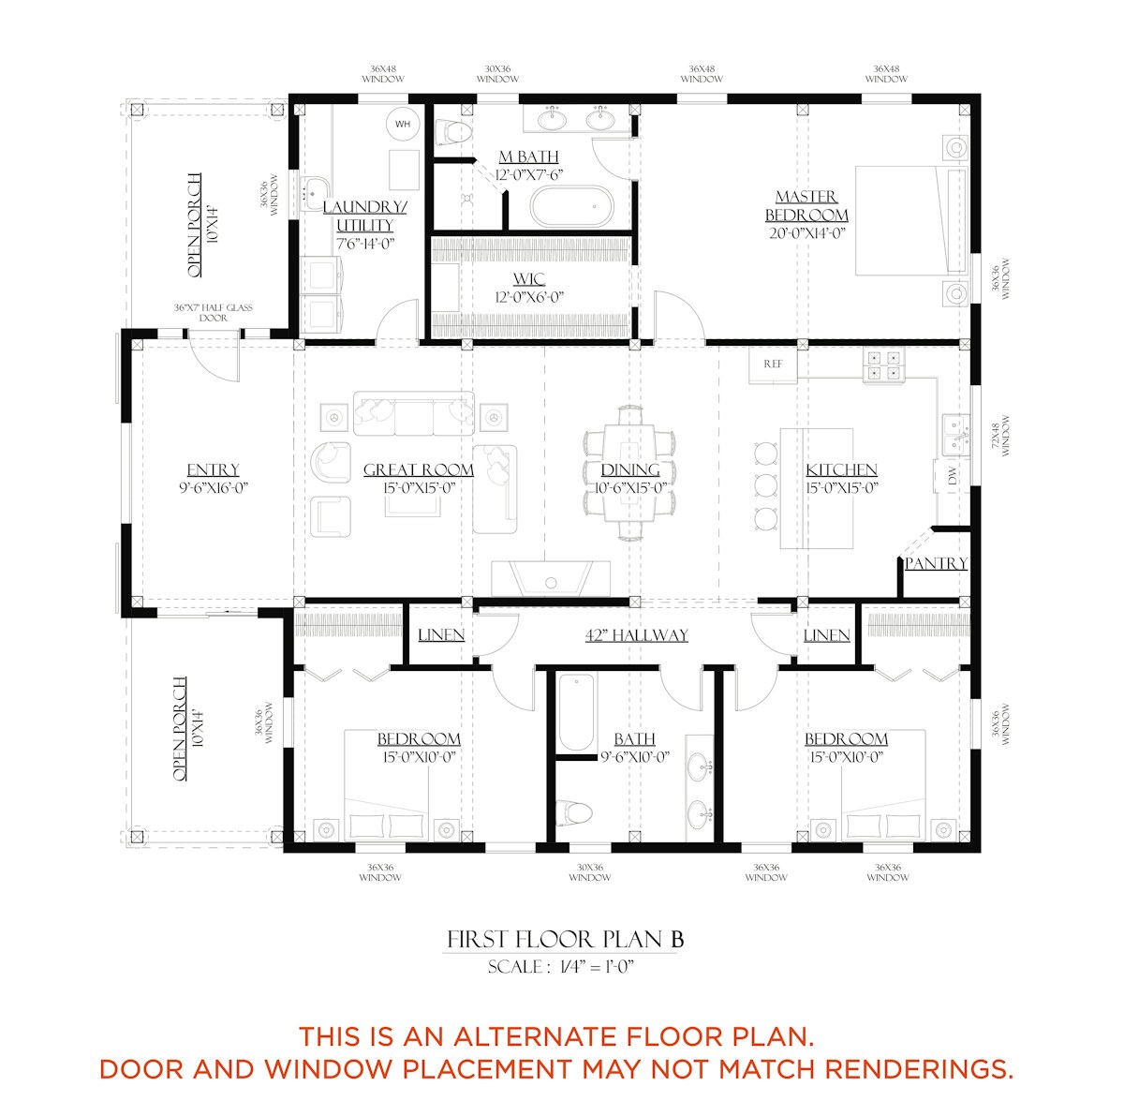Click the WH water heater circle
(x=403, y=124)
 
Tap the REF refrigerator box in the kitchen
(x=772, y=365)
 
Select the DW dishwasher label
(x=953, y=476)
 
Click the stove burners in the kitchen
(x=883, y=365)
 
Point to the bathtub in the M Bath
(x=571, y=207)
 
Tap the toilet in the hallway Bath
(x=574, y=812)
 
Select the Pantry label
(x=936, y=564)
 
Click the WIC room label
(x=529, y=279)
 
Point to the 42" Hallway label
(x=636, y=635)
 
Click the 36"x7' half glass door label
(x=213, y=312)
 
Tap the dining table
(x=629, y=471)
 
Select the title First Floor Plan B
(x=565, y=940)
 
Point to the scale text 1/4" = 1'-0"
(x=597, y=967)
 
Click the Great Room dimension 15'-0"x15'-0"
(x=419, y=488)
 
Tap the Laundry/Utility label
(x=365, y=216)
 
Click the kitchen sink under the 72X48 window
(x=956, y=436)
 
